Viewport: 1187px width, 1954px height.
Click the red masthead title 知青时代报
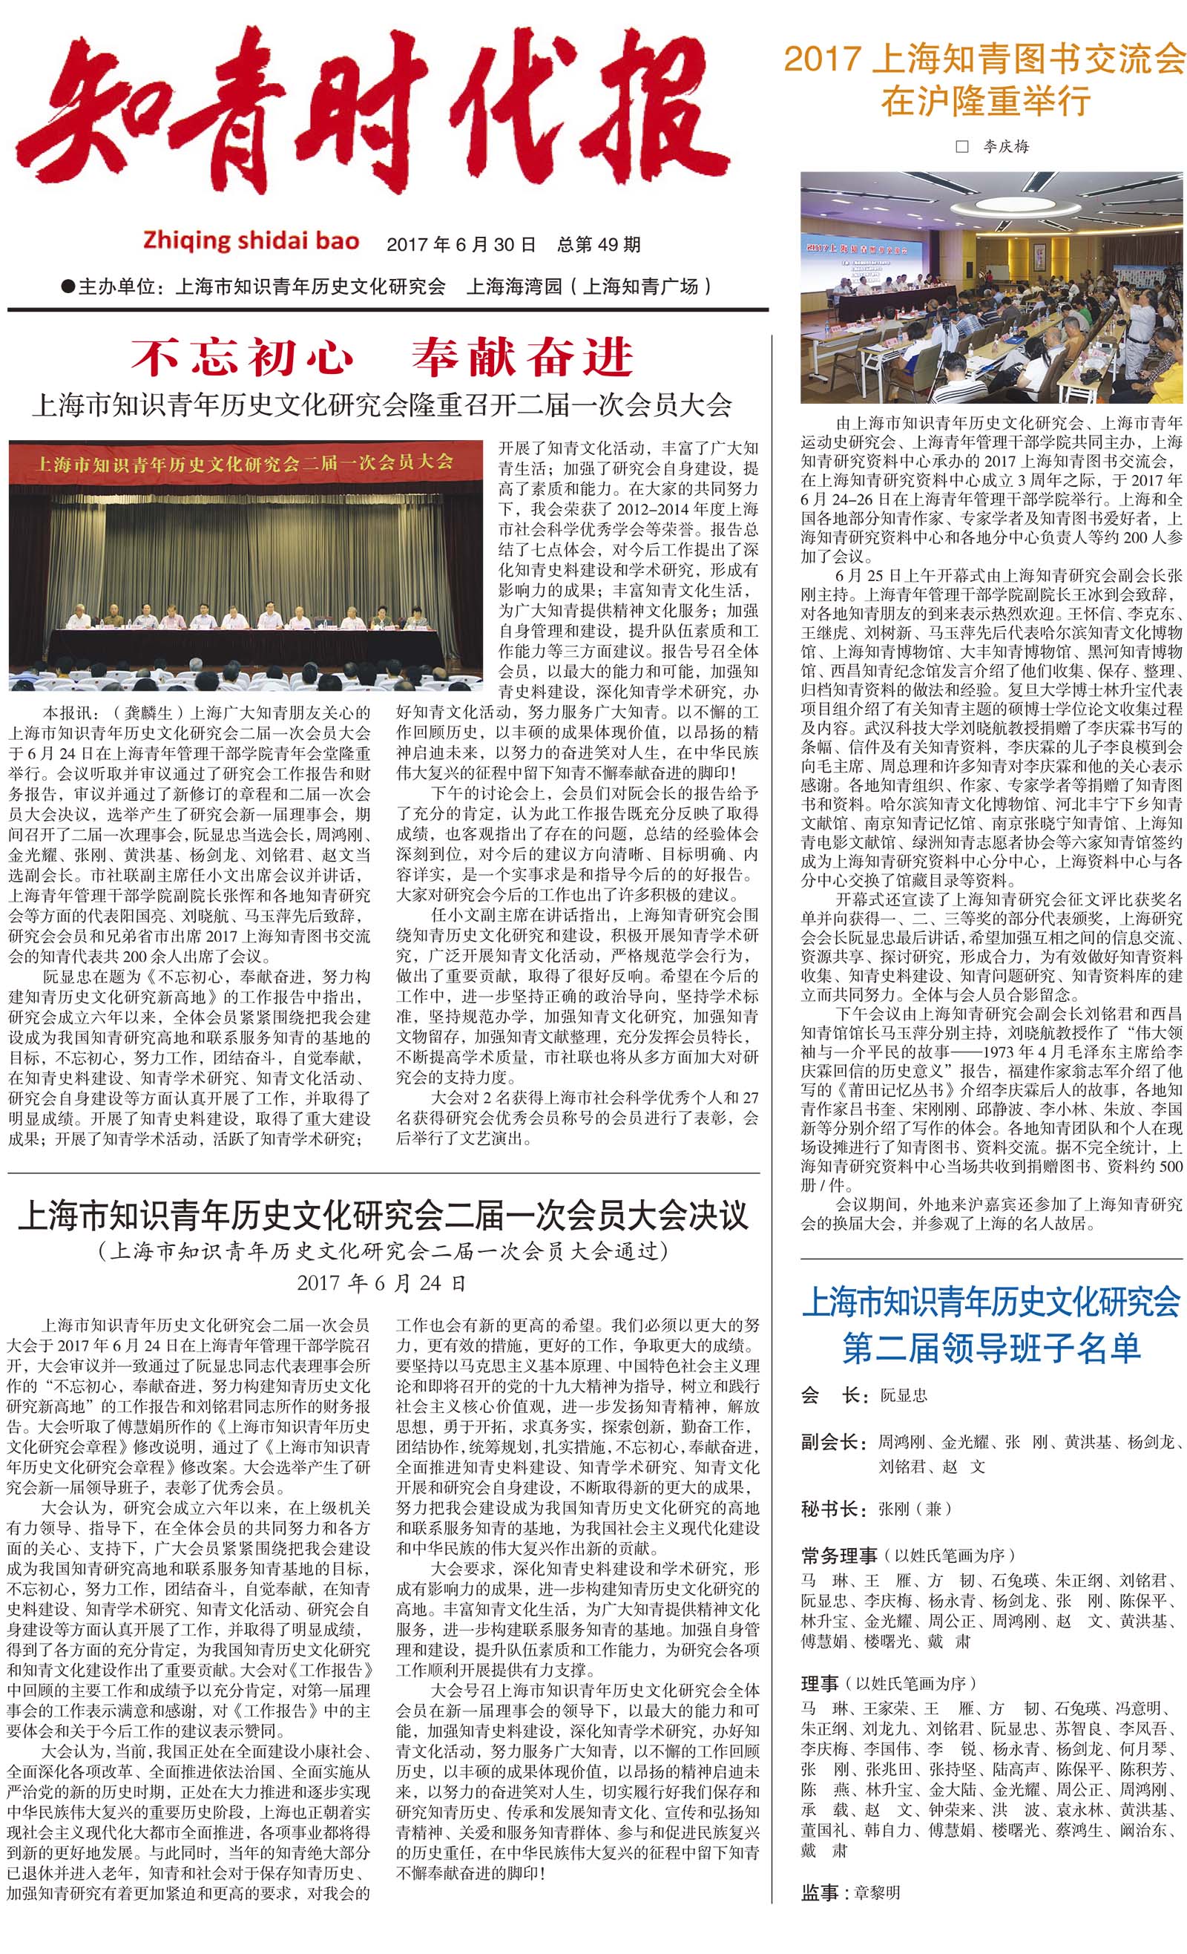(x=372, y=111)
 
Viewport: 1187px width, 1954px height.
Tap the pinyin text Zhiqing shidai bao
(x=251, y=241)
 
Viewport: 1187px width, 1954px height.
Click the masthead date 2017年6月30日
(x=461, y=244)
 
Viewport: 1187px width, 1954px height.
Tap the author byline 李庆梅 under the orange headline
(x=1005, y=147)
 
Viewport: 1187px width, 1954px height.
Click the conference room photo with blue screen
(x=991, y=288)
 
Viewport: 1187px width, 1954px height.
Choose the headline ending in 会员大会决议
(x=383, y=1216)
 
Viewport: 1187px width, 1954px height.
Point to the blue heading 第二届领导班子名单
(x=991, y=1348)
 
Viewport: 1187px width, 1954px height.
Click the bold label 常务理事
(x=840, y=1555)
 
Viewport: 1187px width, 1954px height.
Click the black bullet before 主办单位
(x=68, y=286)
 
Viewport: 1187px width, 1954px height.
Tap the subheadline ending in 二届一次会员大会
(x=381, y=405)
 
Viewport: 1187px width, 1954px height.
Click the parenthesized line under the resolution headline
(x=383, y=1251)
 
